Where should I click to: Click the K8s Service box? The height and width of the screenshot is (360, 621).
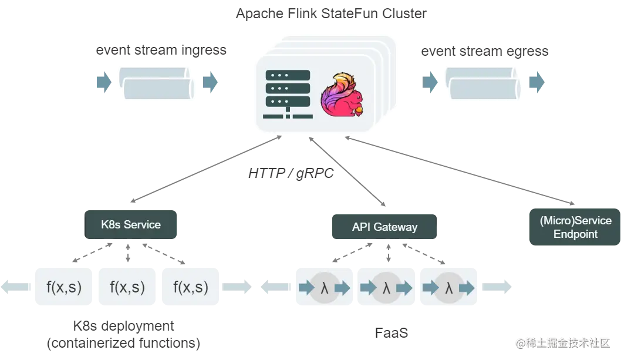130,224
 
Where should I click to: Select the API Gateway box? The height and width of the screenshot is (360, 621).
384,227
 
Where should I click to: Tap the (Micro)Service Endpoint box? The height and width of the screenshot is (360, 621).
575,227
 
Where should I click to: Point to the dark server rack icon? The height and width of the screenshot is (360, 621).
288,94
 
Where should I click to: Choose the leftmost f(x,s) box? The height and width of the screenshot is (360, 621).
63,287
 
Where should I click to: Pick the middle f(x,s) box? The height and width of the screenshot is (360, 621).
127,287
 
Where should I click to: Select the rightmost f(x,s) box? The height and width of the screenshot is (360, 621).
191,287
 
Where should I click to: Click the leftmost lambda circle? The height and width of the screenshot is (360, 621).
324,288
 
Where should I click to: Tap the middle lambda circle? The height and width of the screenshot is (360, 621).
386,288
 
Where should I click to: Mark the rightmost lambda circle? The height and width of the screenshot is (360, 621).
449,288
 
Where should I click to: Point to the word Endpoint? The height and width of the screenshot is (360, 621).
575,234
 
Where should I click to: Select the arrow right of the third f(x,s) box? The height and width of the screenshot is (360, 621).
237,287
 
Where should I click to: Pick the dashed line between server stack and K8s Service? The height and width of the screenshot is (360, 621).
199,171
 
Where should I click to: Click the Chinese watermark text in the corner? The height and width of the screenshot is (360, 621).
564,342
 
